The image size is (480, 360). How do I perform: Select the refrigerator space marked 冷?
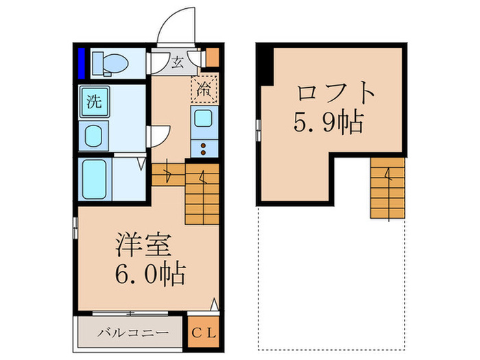point(204,88)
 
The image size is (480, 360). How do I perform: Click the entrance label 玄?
point(177,64)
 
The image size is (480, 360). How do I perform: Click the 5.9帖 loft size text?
point(328,123)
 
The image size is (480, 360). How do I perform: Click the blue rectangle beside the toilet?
point(82,62)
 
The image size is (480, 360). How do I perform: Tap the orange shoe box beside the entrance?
point(212,57)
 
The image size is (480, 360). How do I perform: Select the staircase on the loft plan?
point(387,188)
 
